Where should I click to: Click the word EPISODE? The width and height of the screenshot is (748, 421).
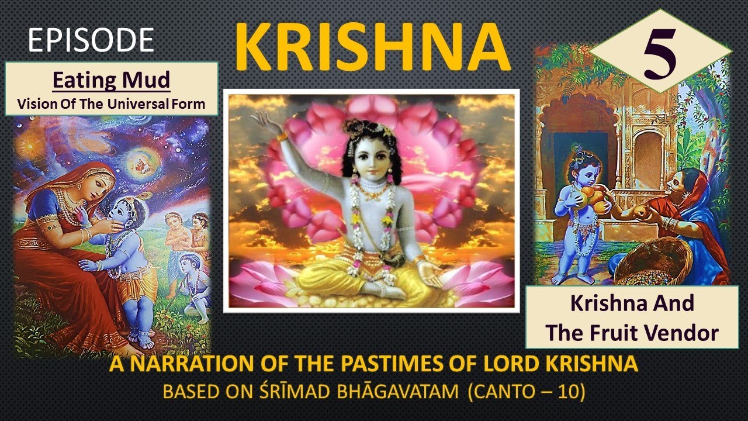(91, 40)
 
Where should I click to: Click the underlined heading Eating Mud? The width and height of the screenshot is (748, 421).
(111, 81)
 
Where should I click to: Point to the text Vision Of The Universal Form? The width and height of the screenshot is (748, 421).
(111, 104)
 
